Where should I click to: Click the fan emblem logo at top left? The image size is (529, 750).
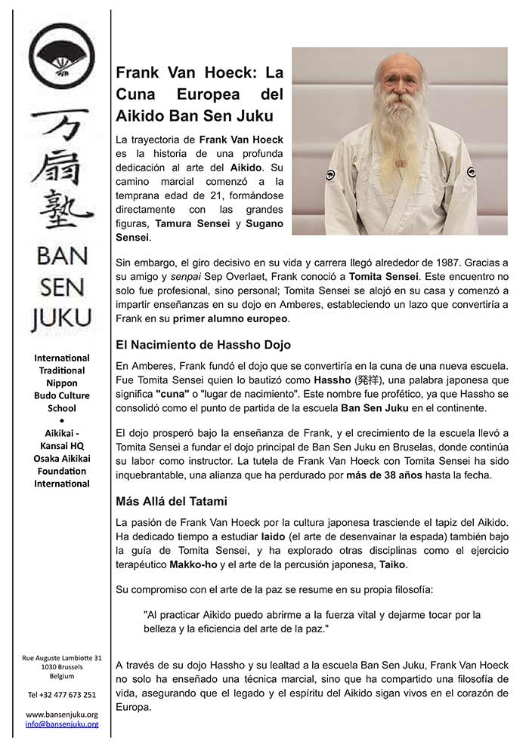(x=61, y=57)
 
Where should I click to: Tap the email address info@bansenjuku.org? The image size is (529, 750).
(x=62, y=724)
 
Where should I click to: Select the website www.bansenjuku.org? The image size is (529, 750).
(x=62, y=714)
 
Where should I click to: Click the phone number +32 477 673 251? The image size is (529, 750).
(x=62, y=694)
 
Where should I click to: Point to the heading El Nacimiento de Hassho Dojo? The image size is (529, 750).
(x=203, y=345)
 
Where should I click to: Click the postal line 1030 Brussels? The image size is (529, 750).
(x=62, y=668)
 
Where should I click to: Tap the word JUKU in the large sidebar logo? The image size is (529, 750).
(x=61, y=319)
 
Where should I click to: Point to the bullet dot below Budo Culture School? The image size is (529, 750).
(x=61, y=420)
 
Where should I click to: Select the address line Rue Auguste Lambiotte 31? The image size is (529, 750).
(x=62, y=658)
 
